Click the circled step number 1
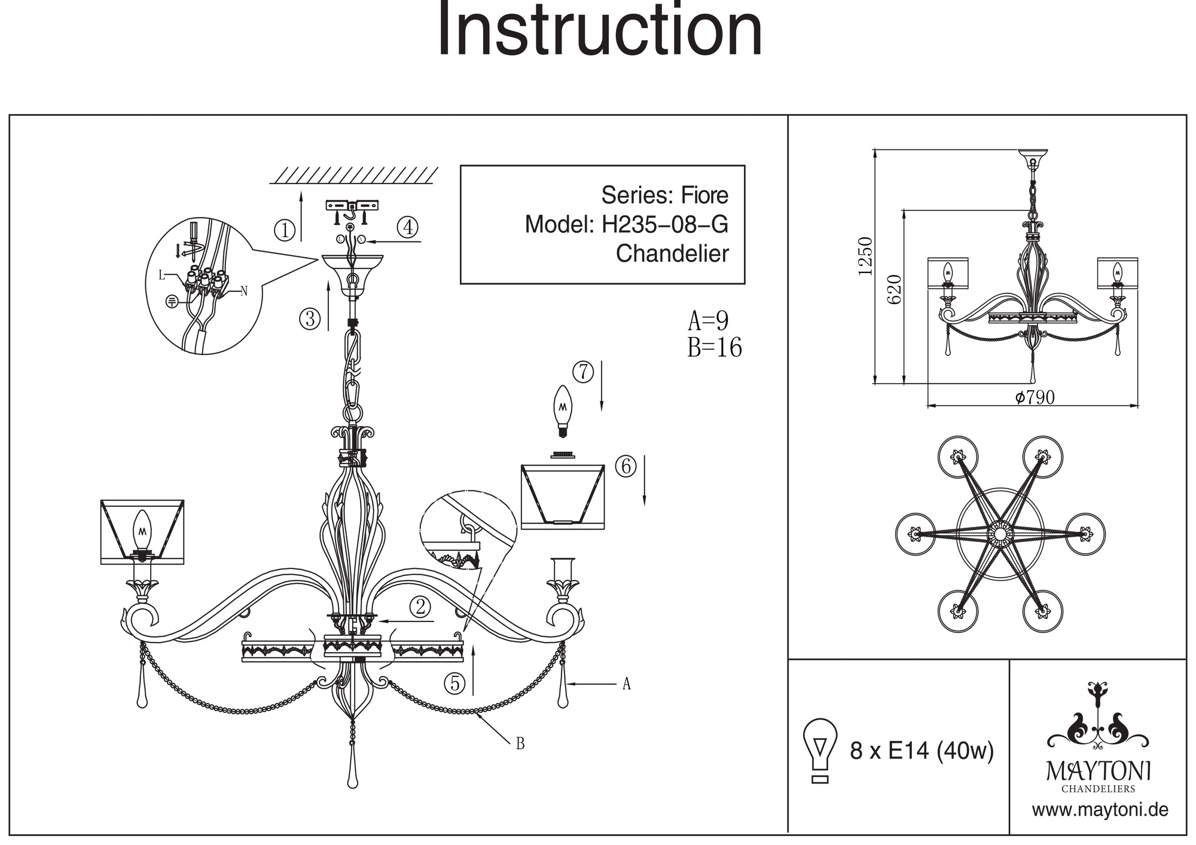285,230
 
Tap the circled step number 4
408,227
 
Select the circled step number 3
310,319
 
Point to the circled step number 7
582,372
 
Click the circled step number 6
626,466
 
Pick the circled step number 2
420,607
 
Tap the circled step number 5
454,682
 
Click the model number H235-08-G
664,225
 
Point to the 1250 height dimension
865,256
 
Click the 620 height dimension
893,289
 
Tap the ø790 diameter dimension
1035,397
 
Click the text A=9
708,321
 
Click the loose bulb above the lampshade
562,410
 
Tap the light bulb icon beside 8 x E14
820,750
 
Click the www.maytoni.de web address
1100,810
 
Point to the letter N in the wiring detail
243,292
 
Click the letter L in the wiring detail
161,275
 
